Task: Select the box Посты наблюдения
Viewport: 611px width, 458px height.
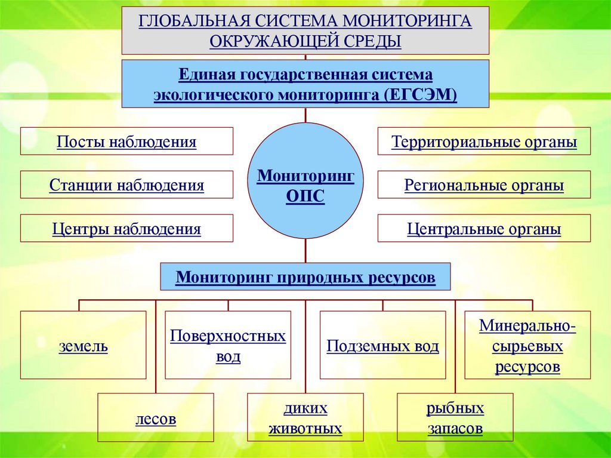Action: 126,142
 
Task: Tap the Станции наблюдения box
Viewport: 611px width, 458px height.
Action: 126,185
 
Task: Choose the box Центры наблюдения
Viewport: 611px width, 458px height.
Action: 126,229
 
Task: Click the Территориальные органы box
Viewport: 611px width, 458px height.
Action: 484,142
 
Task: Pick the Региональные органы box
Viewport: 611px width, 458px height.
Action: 484,185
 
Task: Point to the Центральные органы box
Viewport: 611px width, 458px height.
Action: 484,229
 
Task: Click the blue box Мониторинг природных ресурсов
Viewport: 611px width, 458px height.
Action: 305,277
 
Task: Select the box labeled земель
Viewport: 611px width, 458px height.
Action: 83,345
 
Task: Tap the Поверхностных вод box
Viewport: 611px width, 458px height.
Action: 228,345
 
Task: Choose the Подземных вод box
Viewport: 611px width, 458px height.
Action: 382,345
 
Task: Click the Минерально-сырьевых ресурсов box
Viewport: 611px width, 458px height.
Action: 527,345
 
